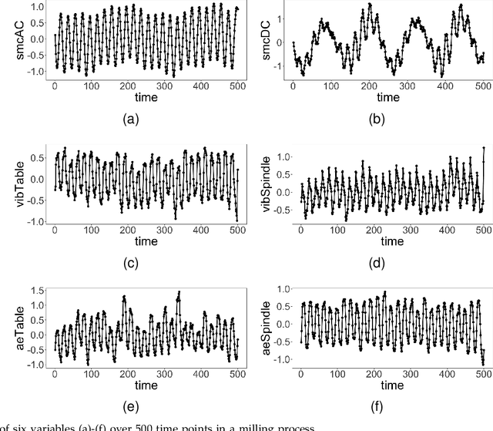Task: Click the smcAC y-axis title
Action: [x=8, y=42]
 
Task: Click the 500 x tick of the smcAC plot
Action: [x=237, y=86]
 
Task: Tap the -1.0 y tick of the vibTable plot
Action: [x=36, y=221]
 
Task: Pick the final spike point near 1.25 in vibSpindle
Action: [x=483, y=147]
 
